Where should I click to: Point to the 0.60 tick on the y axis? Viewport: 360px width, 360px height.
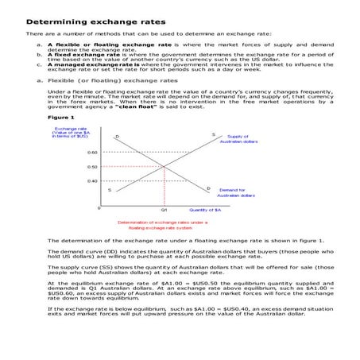tap(92, 151)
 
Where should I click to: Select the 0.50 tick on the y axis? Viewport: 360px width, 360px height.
tap(92, 166)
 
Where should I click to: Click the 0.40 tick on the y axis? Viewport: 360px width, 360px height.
tap(92, 180)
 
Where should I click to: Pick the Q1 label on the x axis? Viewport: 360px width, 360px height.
tap(164, 209)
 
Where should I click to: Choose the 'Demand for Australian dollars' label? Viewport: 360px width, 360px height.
tap(236, 192)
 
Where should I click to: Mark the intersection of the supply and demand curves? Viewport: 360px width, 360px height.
tap(164, 166)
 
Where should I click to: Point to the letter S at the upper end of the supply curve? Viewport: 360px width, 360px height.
tap(213, 135)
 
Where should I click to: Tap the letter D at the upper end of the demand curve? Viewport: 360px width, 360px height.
tap(117, 137)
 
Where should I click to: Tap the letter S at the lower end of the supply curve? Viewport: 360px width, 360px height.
tap(110, 190)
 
